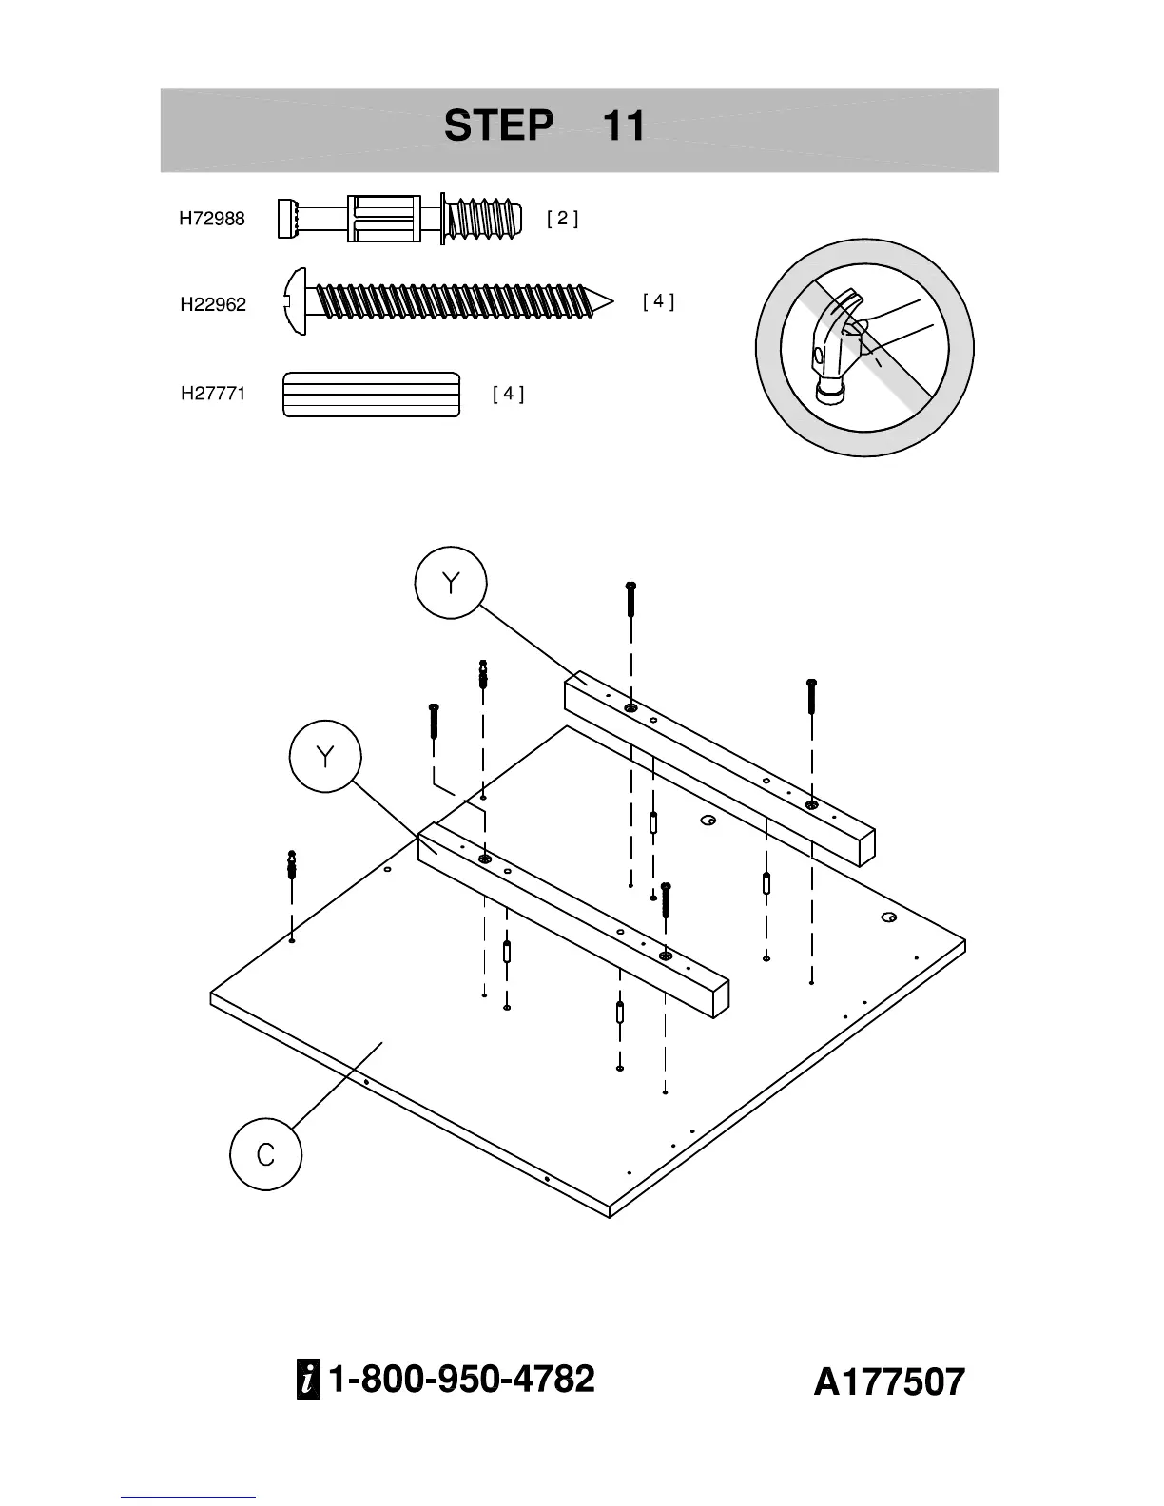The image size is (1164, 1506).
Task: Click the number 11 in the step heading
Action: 624,125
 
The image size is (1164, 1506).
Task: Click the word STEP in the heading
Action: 498,125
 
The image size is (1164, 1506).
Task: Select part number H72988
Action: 212,219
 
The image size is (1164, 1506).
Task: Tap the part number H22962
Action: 213,305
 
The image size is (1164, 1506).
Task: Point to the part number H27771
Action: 213,394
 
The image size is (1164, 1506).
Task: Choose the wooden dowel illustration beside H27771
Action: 371,395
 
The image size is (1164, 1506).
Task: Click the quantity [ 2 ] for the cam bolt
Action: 562,218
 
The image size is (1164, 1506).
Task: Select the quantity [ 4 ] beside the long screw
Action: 658,301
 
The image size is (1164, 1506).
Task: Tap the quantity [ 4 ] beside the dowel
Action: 508,394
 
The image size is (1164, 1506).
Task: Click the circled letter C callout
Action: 265,1155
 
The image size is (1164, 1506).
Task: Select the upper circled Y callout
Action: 451,583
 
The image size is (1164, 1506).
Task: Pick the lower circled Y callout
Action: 325,757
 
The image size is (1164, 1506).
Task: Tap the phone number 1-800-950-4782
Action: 461,1379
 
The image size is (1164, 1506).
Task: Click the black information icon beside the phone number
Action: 308,1380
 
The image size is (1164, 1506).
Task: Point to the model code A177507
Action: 888,1382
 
